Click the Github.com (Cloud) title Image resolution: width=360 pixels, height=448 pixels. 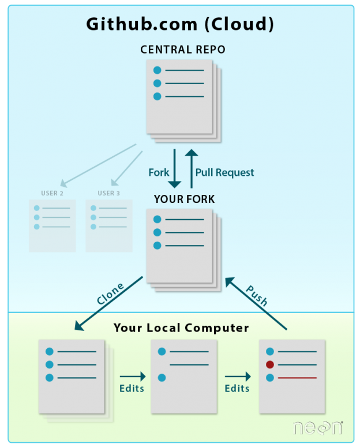(180, 24)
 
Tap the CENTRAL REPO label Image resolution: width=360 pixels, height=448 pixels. (183, 50)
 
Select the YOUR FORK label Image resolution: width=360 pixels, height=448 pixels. (184, 199)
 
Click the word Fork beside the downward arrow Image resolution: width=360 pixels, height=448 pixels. (159, 172)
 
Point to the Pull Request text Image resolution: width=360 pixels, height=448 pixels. (224, 172)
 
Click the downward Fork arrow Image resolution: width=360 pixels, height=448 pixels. (174, 168)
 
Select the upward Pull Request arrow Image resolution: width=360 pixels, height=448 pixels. (192, 168)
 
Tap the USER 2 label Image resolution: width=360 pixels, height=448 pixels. (52, 193)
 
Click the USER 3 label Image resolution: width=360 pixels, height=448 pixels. (108, 193)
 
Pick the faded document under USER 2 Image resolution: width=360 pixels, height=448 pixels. (52, 225)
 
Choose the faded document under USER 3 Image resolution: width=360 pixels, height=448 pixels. (109, 225)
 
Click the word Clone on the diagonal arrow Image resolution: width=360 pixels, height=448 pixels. (110, 293)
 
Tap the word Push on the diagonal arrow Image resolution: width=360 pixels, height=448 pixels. (257, 295)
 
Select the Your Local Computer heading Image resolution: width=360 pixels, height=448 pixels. (181, 327)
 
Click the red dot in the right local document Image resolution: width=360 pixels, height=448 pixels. (270, 364)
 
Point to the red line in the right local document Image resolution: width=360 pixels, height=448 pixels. (297, 378)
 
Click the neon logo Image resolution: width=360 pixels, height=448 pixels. (318, 428)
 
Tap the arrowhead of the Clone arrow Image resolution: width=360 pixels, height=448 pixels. (79, 326)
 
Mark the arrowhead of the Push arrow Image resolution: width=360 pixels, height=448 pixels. (230, 282)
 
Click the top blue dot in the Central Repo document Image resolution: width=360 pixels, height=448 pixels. (157, 70)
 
